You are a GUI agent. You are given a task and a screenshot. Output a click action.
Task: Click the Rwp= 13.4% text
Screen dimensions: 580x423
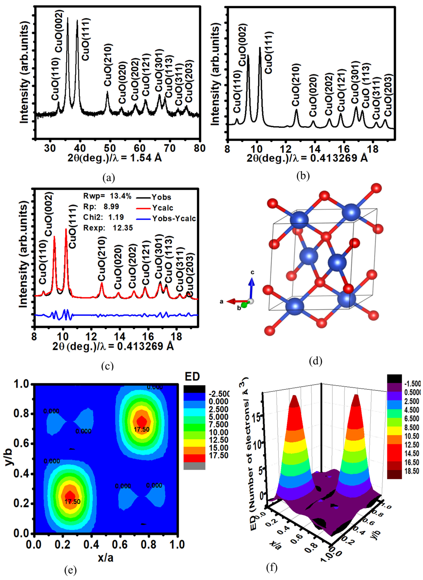tap(107, 196)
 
